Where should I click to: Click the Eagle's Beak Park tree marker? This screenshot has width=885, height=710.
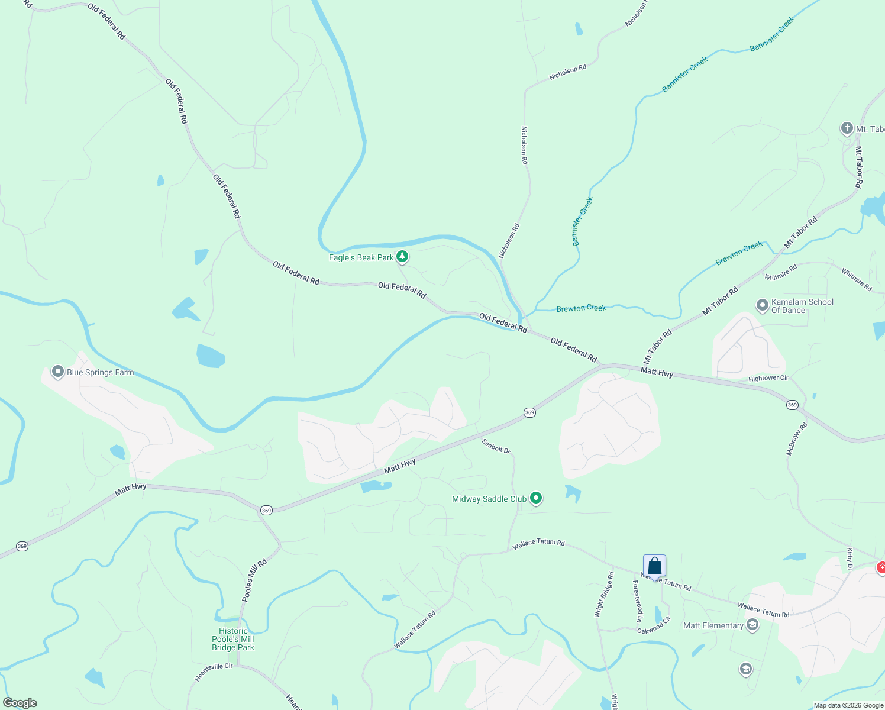tap(402, 257)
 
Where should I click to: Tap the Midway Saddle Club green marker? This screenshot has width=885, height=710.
tap(536, 498)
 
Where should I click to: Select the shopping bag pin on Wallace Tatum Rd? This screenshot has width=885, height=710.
tap(654, 566)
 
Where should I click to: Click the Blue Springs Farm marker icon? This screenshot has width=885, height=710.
tap(58, 372)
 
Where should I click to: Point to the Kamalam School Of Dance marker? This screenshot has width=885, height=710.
tap(763, 305)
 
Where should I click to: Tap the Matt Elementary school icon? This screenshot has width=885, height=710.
tap(752, 625)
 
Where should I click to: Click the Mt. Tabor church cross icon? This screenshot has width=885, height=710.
tap(847, 128)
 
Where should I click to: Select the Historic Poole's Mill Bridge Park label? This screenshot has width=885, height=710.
tap(233, 639)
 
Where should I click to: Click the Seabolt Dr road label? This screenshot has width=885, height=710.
tap(496, 446)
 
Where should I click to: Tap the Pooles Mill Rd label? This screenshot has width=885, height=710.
tap(254, 580)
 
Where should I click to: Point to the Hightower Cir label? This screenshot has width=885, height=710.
tap(768, 378)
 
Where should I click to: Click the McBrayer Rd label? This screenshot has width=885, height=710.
tap(797, 438)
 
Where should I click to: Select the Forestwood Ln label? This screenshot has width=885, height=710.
tap(637, 601)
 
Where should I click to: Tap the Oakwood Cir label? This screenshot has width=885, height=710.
tap(654, 625)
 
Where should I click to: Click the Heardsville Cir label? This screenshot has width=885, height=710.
tap(214, 673)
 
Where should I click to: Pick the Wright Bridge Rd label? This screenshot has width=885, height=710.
tap(604, 595)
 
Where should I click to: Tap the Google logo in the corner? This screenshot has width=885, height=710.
tap(20, 703)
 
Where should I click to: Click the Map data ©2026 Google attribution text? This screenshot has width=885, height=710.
tap(848, 705)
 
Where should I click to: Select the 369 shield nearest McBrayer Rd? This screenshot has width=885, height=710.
tap(792, 405)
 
